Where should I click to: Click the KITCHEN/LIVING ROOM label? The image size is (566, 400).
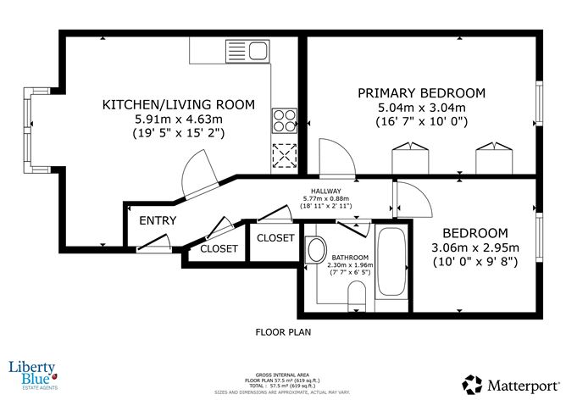click(x=178, y=104)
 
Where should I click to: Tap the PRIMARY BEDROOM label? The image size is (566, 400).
click(x=421, y=92)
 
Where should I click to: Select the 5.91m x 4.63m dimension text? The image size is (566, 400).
click(x=178, y=119)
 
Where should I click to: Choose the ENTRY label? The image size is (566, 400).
click(x=158, y=220)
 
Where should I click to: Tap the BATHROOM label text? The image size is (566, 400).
click(x=347, y=257)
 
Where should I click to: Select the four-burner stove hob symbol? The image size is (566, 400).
click(x=283, y=119)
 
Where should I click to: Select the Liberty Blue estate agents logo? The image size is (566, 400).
click(x=31, y=373)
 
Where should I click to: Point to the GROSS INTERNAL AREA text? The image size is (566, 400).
click(x=282, y=373)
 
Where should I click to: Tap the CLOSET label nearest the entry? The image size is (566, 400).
click(x=219, y=249)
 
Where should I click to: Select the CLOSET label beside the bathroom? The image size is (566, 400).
click(x=275, y=237)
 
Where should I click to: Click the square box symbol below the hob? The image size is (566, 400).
click(x=283, y=155)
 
